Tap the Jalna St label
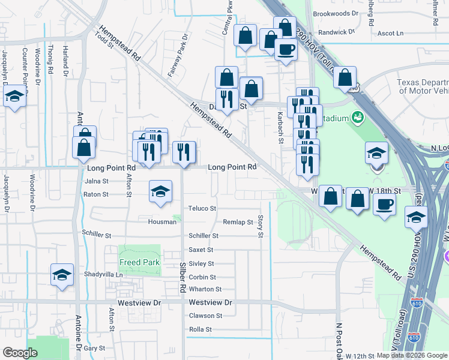click(96, 181)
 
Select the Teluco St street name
click(202, 208)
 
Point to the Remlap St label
click(238, 222)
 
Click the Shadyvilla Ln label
click(103, 274)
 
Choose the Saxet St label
click(201, 250)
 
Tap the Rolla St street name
click(200, 329)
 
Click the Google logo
click(20, 353)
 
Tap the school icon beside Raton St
click(160, 191)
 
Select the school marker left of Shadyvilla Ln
click(62, 275)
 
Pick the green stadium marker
click(358, 117)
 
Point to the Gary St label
click(94, 348)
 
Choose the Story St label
click(261, 226)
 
